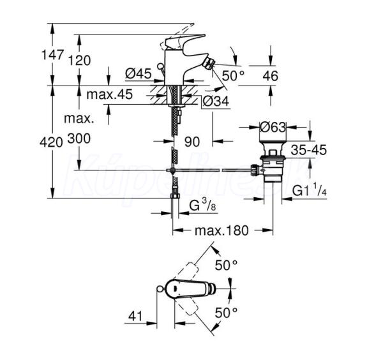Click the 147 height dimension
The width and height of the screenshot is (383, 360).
click(53, 56)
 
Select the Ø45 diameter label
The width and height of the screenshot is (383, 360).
click(138, 74)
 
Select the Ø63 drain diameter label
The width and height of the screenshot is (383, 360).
click(274, 126)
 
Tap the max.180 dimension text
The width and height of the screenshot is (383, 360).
click(222, 230)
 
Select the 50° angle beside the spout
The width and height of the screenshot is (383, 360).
click(233, 75)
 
